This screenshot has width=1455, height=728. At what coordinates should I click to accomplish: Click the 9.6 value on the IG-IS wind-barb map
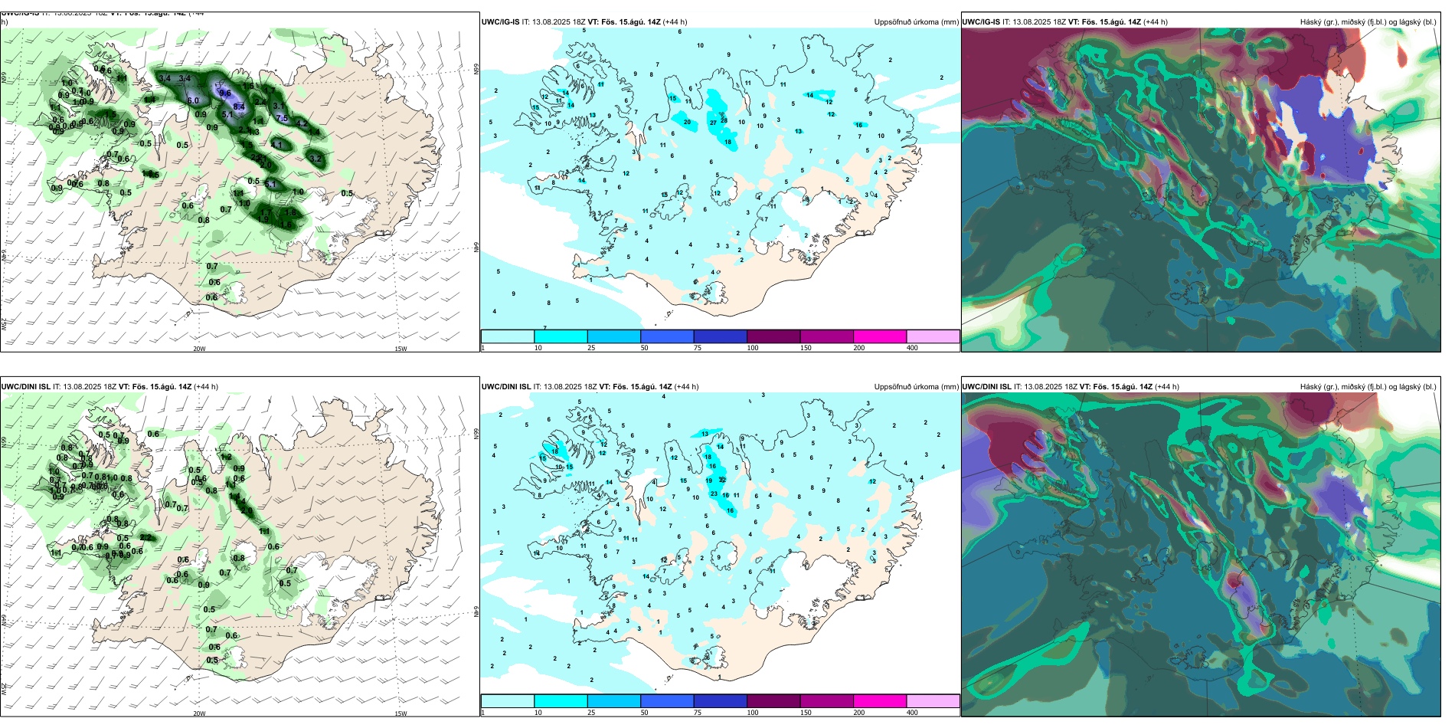pyautogui.click(x=225, y=93)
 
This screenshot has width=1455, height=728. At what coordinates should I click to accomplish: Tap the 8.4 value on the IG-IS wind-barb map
pyautogui.click(x=239, y=107)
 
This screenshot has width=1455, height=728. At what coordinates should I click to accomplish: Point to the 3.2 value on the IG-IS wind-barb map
pyautogui.click(x=316, y=159)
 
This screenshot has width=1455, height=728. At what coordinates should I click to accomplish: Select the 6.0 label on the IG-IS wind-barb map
pyautogui.click(x=193, y=100)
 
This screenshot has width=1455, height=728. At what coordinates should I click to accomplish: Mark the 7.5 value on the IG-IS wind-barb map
pyautogui.click(x=282, y=118)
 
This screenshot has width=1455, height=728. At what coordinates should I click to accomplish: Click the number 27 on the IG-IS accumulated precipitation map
pyautogui.click(x=714, y=123)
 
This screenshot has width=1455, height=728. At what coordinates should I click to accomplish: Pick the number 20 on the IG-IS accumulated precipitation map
pyautogui.click(x=687, y=123)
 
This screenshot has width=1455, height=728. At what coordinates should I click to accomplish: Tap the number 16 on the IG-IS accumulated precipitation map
pyautogui.click(x=858, y=125)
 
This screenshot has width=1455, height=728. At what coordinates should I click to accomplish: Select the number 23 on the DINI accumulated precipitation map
pyautogui.click(x=714, y=494)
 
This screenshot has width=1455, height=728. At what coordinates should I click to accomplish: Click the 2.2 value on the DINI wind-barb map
pyautogui.click(x=145, y=538)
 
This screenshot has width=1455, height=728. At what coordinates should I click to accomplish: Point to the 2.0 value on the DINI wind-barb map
pyautogui.click(x=246, y=510)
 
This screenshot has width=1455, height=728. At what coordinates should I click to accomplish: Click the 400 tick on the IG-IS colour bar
pyautogui.click(x=912, y=348)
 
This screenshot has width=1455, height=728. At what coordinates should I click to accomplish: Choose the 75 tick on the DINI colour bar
pyautogui.click(x=698, y=713)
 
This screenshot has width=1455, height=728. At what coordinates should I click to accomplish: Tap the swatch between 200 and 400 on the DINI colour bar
pyautogui.click(x=933, y=700)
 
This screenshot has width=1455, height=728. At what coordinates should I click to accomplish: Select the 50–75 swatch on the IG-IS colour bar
pyautogui.click(x=666, y=336)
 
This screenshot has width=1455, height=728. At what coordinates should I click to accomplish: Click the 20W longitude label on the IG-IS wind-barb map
pyautogui.click(x=199, y=349)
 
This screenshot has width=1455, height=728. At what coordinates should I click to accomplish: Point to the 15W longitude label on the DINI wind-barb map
pyautogui.click(x=401, y=713)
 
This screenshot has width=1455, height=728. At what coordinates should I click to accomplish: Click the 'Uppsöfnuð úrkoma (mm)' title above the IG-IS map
pyautogui.click(x=916, y=22)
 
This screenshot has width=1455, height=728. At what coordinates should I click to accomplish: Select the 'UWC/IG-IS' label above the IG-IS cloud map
pyautogui.click(x=981, y=22)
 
